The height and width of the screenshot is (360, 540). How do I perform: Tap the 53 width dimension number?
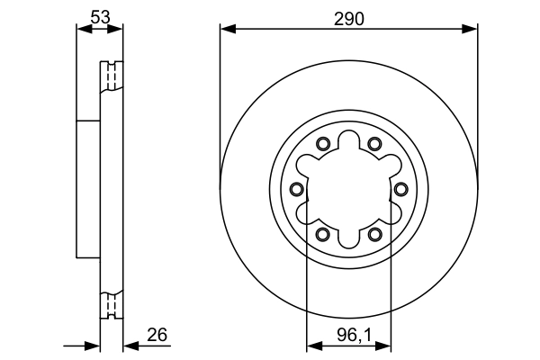[x=100, y=15]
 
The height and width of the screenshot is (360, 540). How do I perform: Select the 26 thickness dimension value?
[x=157, y=335]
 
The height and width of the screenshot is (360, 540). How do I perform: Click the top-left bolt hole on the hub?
[x=322, y=143]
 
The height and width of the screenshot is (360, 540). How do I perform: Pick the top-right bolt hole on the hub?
[x=373, y=143]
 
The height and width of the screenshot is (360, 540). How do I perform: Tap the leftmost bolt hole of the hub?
[x=296, y=188]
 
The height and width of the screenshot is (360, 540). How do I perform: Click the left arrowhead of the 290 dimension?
[x=227, y=30]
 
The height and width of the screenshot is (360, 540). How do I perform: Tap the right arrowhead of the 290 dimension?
[x=470, y=30]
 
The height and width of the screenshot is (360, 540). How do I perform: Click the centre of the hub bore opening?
[x=347, y=188]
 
